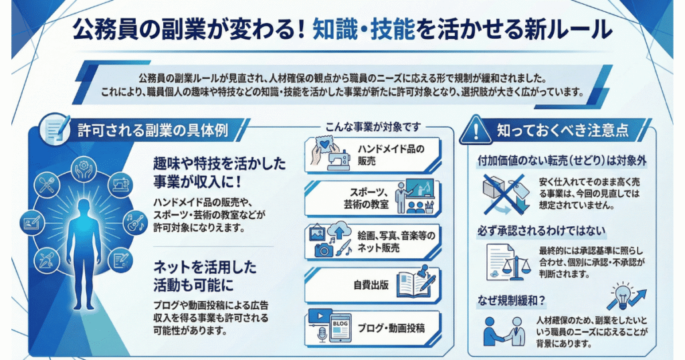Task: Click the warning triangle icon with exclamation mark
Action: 476,130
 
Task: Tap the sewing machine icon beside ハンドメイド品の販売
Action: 338,159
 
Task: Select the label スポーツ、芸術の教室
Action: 366,198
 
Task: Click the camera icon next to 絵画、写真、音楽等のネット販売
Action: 324,250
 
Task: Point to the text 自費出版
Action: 371,285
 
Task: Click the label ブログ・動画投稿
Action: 391,328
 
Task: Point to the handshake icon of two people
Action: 504,331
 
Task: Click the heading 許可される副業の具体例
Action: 153,130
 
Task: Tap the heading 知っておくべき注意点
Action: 563,130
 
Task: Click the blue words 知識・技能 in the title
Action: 363,30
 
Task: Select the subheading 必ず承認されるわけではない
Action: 542,231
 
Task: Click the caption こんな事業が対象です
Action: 373,126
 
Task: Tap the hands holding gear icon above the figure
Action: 83,169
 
